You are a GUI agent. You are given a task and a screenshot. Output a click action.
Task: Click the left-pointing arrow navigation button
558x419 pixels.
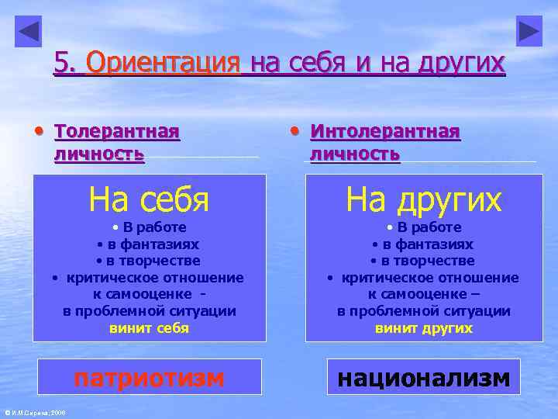coord(29,31)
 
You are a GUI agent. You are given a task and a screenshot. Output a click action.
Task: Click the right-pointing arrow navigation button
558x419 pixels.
coord(529,31)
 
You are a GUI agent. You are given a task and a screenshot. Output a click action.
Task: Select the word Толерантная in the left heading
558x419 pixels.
coord(117,131)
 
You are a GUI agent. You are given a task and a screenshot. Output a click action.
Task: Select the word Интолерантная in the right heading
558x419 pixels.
coord(385,131)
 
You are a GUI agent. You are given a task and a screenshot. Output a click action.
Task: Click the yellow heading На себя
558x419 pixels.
coord(149,199)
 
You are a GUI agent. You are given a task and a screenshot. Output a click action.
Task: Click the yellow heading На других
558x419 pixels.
coord(424,199)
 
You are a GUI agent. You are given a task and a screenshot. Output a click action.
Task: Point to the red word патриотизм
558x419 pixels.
coord(149,378)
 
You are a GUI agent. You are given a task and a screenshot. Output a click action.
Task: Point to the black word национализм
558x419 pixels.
coord(424,378)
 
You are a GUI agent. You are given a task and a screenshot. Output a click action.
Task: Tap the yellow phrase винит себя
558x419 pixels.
coord(149,328)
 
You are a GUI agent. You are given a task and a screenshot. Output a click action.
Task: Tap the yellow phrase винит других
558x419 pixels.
coord(424,328)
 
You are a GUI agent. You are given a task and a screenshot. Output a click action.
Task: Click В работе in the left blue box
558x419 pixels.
coord(153,227)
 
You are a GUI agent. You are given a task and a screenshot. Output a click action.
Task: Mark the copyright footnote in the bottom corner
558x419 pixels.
coord(35,412)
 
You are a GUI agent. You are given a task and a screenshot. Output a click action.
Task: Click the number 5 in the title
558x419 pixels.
coord(61,63)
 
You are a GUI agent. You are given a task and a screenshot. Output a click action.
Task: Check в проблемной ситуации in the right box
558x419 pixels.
coord(424,311)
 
